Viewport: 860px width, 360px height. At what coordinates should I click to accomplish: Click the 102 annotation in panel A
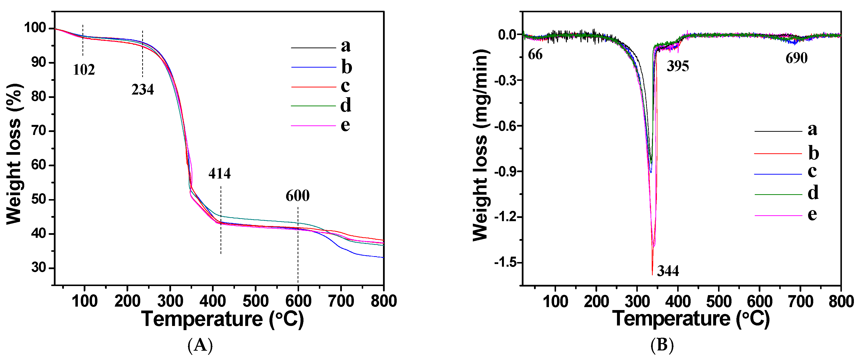coord(84,70)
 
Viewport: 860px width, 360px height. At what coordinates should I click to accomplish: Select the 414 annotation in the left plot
coord(219,173)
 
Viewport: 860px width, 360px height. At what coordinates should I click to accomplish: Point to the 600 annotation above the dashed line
coord(297,196)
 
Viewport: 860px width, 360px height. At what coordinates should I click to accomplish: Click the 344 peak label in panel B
coord(668,271)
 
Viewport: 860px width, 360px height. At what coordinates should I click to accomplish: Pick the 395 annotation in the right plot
coord(678,66)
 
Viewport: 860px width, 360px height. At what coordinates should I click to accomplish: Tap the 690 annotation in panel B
coord(796,58)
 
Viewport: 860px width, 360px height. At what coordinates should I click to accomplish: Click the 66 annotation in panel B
coord(535,54)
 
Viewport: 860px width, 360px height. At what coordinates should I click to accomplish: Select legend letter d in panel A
coord(346,106)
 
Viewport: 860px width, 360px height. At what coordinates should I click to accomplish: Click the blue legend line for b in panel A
coord(314,67)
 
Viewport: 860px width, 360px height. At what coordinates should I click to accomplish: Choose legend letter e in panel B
coord(812,214)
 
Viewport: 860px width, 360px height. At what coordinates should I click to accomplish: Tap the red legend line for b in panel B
coord(778,154)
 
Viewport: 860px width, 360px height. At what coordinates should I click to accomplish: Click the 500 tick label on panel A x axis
coord(256,301)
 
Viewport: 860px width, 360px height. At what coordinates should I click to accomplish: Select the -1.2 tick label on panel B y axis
coord(506,217)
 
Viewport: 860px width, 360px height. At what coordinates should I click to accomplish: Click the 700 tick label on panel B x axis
coord(800,301)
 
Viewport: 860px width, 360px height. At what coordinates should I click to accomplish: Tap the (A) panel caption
coord(200,345)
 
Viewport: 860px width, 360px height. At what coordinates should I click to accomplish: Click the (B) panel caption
coord(662,345)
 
